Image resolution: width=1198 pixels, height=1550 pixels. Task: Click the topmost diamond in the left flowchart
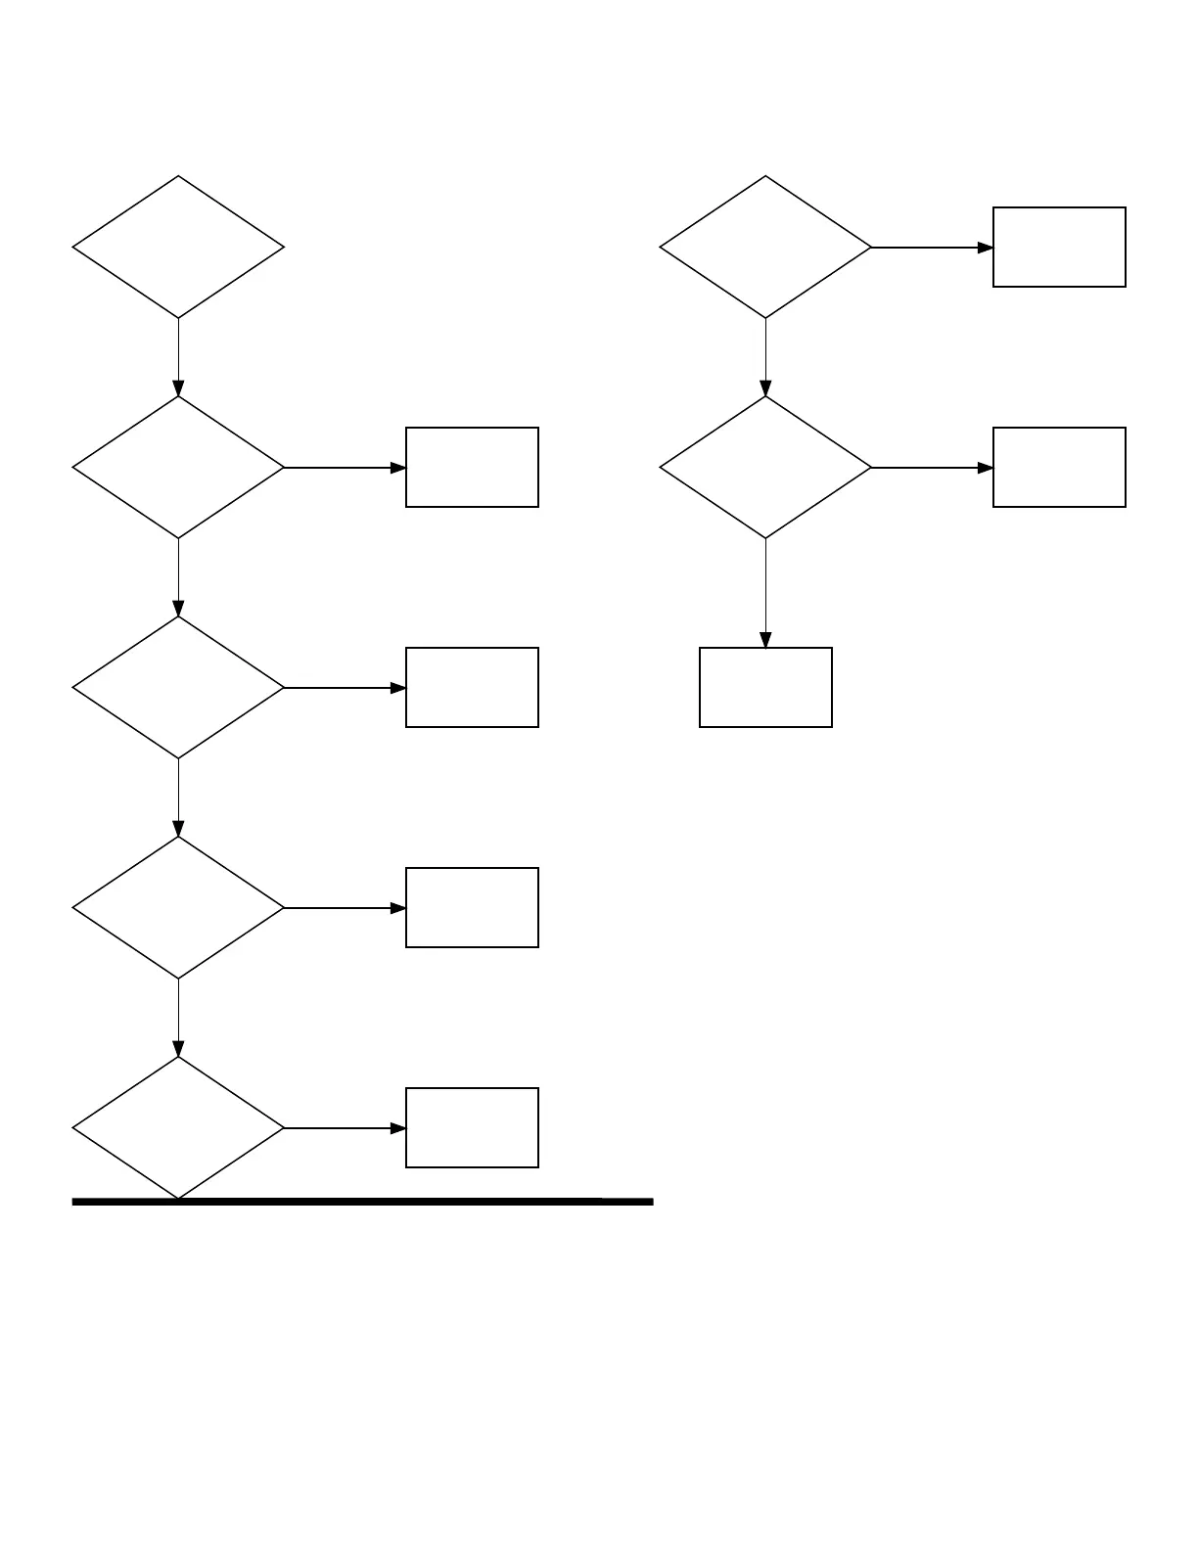click(178, 248)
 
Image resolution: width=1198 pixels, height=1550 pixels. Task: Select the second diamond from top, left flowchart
click(178, 468)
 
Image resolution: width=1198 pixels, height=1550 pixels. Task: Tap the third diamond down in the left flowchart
click(178, 688)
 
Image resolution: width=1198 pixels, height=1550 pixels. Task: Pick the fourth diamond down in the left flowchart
click(178, 908)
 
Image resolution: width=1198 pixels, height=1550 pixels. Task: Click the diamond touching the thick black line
click(178, 1127)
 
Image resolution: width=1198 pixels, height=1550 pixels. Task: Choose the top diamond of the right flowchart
click(765, 248)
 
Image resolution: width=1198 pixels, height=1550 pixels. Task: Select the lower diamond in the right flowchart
click(765, 468)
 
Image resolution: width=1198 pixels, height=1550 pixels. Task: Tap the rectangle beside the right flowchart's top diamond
click(1059, 248)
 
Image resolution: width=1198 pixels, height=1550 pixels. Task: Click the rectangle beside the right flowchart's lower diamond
click(1059, 468)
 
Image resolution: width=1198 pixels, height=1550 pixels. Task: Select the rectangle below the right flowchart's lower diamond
click(765, 688)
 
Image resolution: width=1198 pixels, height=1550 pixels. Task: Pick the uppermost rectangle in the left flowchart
click(472, 468)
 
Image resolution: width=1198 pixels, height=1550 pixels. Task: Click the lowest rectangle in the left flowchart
click(472, 1127)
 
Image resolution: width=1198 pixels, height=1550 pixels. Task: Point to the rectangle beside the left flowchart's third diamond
click(472, 688)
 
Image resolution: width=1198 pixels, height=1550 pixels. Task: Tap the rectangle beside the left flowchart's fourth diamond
click(472, 908)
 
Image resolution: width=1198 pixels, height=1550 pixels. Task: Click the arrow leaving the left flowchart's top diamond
click(178, 357)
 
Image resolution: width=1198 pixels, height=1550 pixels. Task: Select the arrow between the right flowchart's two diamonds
click(765, 357)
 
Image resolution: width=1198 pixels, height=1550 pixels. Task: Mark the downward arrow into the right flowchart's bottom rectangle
click(765, 593)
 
